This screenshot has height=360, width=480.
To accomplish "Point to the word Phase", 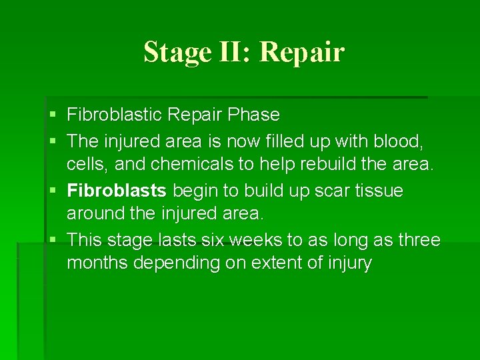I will (x=253, y=115).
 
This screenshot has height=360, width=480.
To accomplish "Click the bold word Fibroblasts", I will (x=117, y=191).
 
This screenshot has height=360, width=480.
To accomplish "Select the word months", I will (x=97, y=263).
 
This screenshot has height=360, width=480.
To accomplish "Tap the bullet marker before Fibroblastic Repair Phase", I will (x=53, y=115).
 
